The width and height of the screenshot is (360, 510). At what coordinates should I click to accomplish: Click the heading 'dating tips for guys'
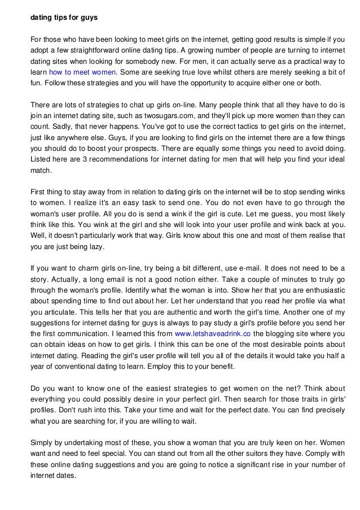coord(64,18)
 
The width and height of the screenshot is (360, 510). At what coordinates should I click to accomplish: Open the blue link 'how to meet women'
coord(83,73)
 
